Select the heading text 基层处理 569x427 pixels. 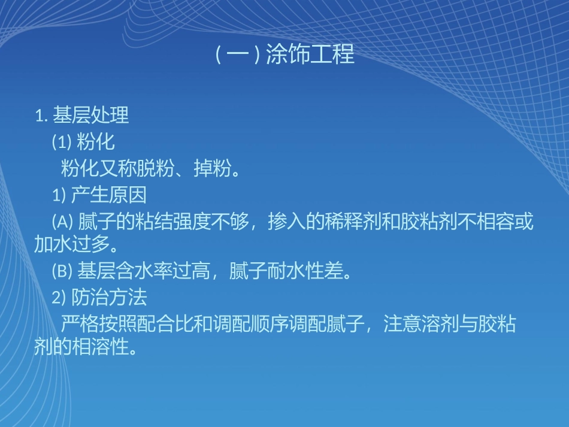click(91, 115)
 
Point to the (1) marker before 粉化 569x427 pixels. click(62, 143)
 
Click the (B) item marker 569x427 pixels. click(62, 272)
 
